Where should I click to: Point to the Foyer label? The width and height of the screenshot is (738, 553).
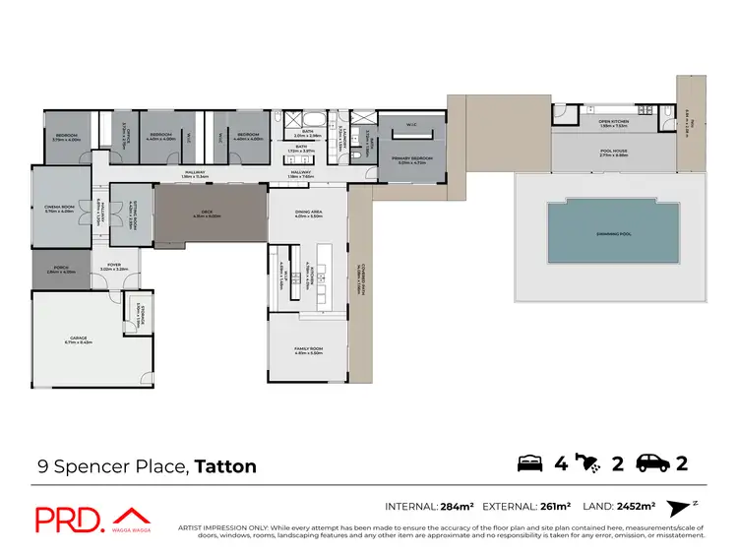[x=113, y=267]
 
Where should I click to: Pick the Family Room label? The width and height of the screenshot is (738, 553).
[x=309, y=350]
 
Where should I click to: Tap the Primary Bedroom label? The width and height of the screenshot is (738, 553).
[x=410, y=161]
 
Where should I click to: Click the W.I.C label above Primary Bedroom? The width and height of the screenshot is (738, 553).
[x=411, y=125]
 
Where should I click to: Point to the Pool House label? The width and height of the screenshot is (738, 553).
[x=614, y=154]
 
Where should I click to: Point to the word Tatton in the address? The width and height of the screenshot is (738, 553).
[x=225, y=465]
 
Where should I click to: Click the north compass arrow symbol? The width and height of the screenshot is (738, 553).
[x=679, y=508]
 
